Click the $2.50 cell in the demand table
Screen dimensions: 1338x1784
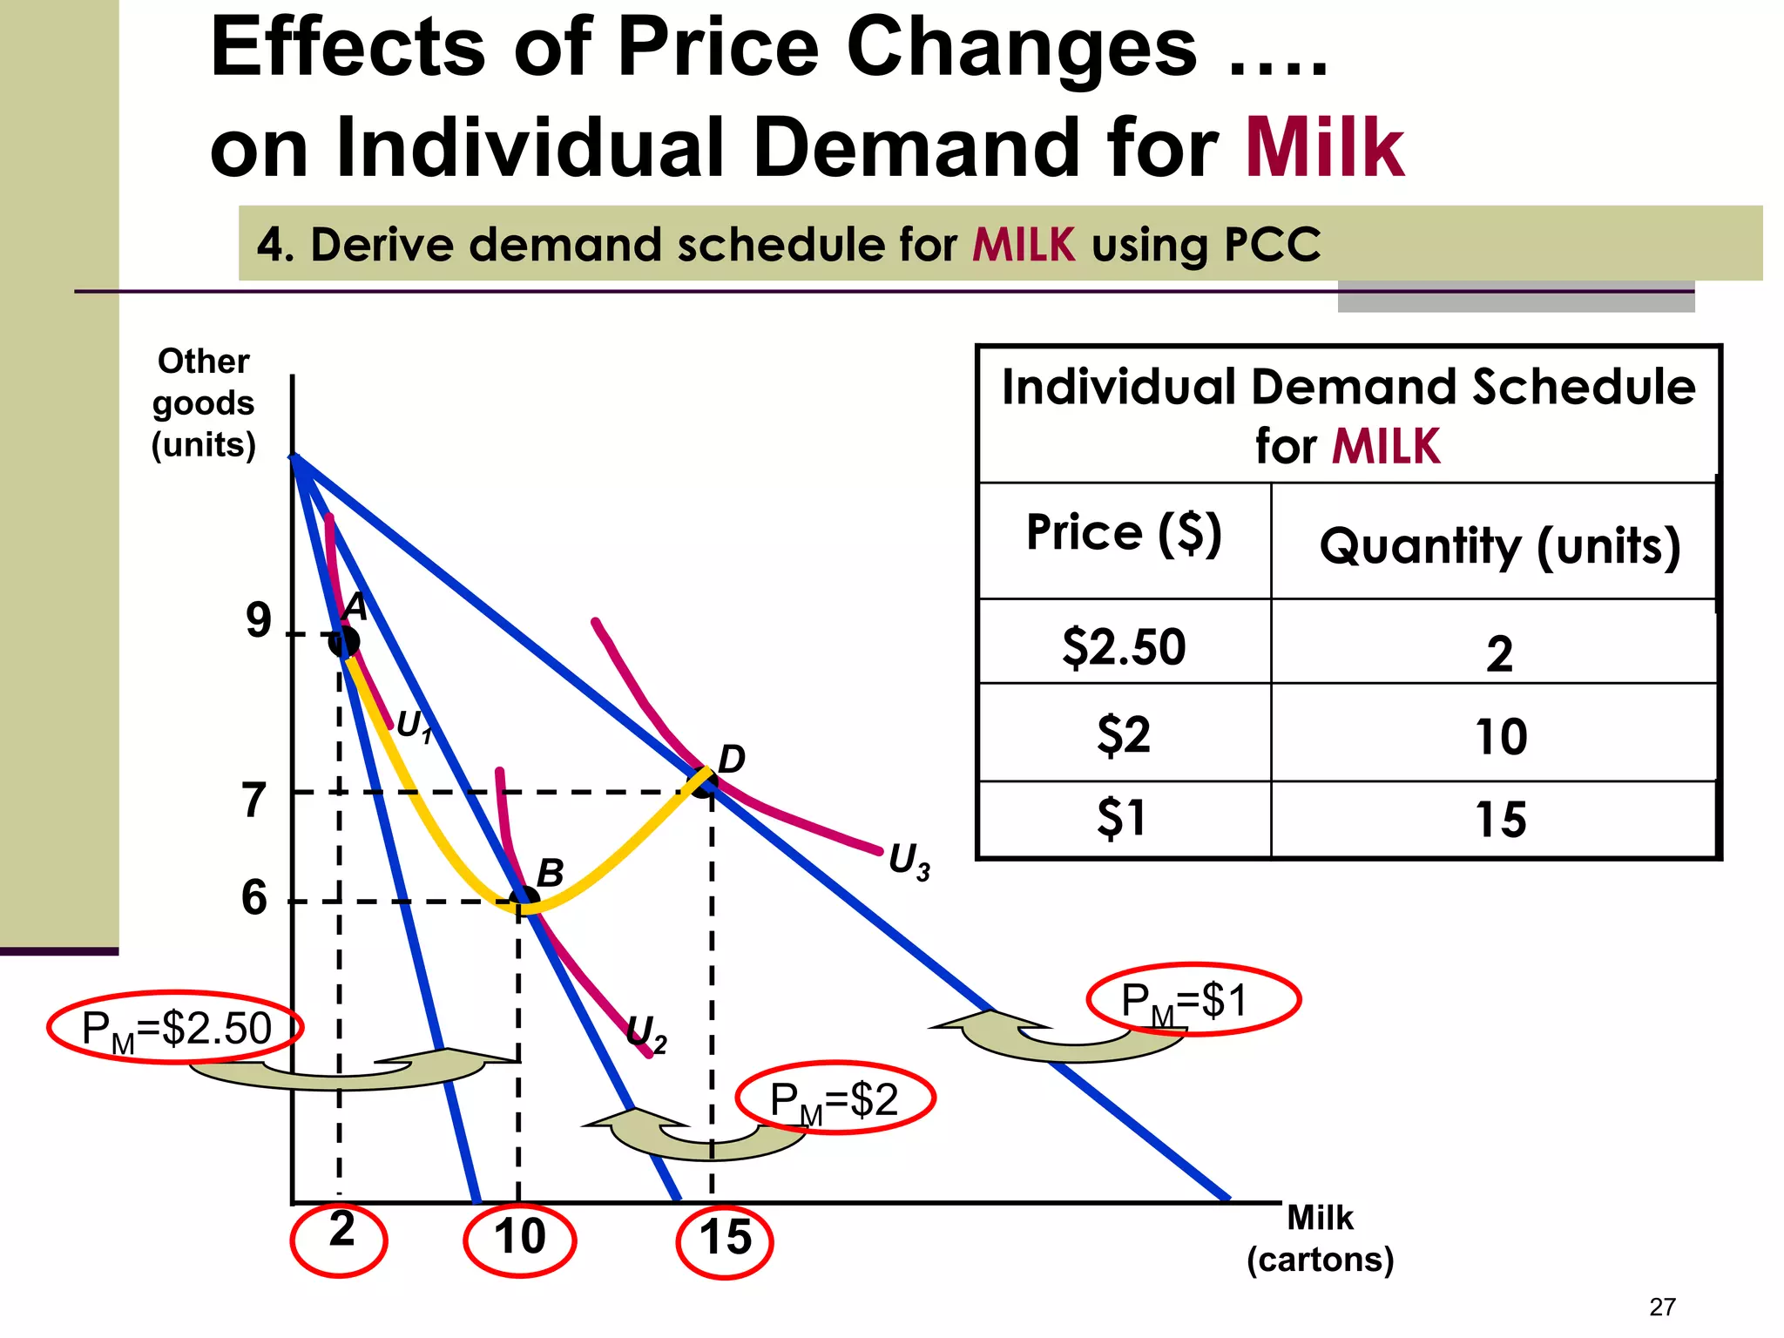tap(1124, 647)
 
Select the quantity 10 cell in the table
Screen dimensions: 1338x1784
tap(1500, 737)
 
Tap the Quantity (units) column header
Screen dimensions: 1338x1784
tap(1499, 546)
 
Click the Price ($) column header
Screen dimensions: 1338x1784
tap(1124, 532)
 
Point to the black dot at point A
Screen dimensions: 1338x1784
tap(344, 642)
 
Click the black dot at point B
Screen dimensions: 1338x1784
tap(524, 900)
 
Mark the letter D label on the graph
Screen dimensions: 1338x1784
tap(731, 760)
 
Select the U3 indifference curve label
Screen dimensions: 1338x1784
tap(909, 862)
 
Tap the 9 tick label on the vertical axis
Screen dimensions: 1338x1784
tap(258, 621)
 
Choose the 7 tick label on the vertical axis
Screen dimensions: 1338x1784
tap(253, 801)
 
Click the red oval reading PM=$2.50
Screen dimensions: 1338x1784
tap(176, 1029)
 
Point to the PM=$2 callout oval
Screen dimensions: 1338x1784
tap(835, 1099)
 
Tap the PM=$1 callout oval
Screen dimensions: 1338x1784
tap(1193, 1000)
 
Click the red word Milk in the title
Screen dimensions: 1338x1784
tap(1324, 148)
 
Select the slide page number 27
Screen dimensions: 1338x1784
tap(1662, 1307)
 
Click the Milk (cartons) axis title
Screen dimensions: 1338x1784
tap(1320, 1238)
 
